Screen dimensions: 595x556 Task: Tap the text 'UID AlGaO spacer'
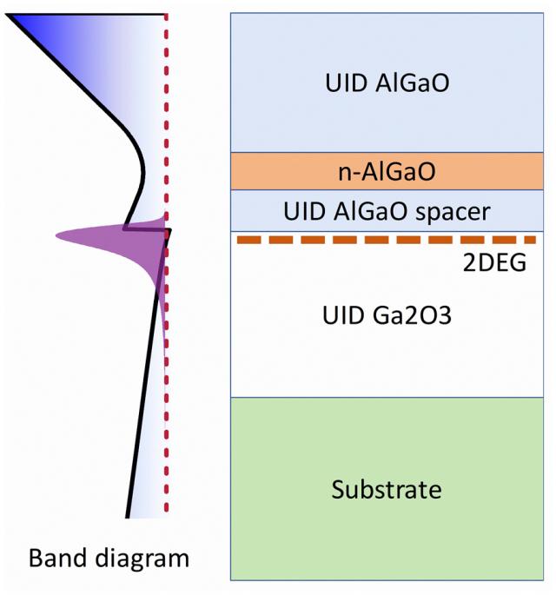[x=388, y=211]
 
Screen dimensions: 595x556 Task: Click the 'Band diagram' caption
[x=109, y=557]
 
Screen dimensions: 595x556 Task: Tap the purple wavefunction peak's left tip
[x=56, y=235]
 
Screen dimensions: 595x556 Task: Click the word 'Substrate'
[x=387, y=489]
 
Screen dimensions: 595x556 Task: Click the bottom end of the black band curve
[x=129, y=516]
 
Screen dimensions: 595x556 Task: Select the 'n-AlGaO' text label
[x=388, y=172]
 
